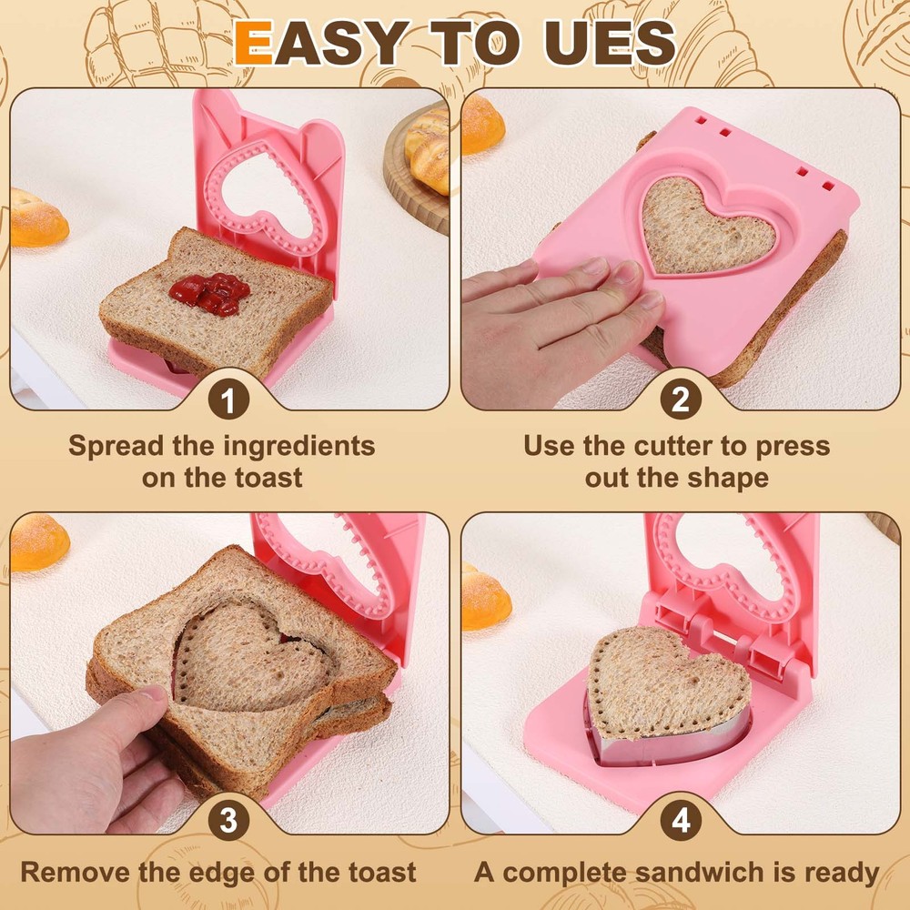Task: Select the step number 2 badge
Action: [681, 401]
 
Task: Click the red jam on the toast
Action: [208, 292]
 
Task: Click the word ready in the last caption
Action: [840, 871]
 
